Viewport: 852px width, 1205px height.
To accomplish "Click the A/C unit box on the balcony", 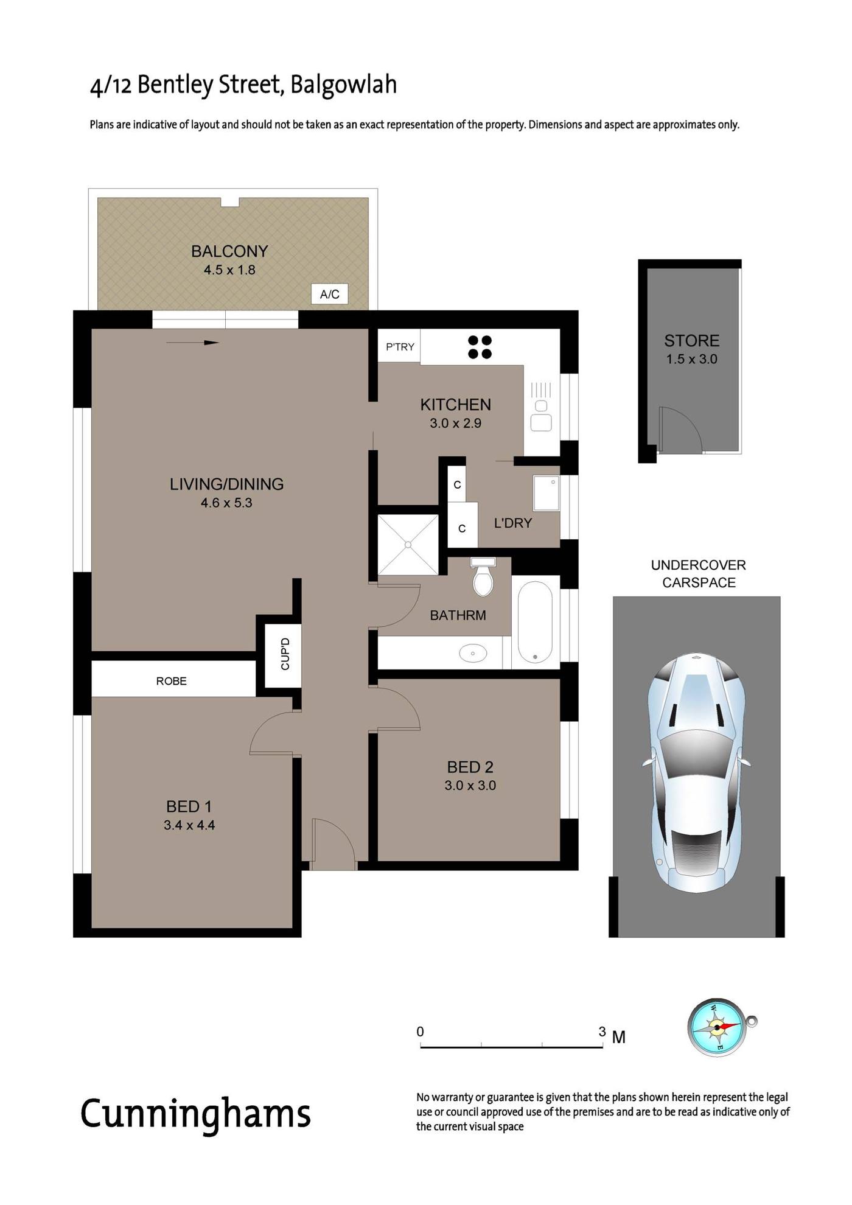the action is point(330,294).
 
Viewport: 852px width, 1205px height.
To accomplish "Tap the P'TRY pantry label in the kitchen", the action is point(400,347).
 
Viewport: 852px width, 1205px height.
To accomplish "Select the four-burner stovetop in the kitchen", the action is point(480,347).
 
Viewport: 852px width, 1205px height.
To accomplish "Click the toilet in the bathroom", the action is point(483,576).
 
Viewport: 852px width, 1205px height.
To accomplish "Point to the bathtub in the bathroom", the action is point(536,621).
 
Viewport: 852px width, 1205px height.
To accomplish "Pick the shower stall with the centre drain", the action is point(408,545).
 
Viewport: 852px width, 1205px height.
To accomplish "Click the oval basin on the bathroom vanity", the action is point(473,654).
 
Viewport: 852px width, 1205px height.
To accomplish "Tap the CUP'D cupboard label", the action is point(285,654).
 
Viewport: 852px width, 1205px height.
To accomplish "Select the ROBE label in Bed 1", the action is point(172,681).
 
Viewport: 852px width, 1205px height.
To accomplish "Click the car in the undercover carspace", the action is point(696,773).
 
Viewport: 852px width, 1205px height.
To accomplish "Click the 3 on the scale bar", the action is point(602,1032).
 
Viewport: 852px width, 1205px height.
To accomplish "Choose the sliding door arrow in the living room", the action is point(192,343).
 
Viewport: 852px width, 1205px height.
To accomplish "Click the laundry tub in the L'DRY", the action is point(546,493).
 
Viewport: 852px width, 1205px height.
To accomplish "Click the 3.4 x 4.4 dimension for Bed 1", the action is point(189,825).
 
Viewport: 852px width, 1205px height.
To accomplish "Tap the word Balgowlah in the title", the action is point(343,85).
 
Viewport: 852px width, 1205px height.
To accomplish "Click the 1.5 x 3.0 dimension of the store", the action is point(692,359).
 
